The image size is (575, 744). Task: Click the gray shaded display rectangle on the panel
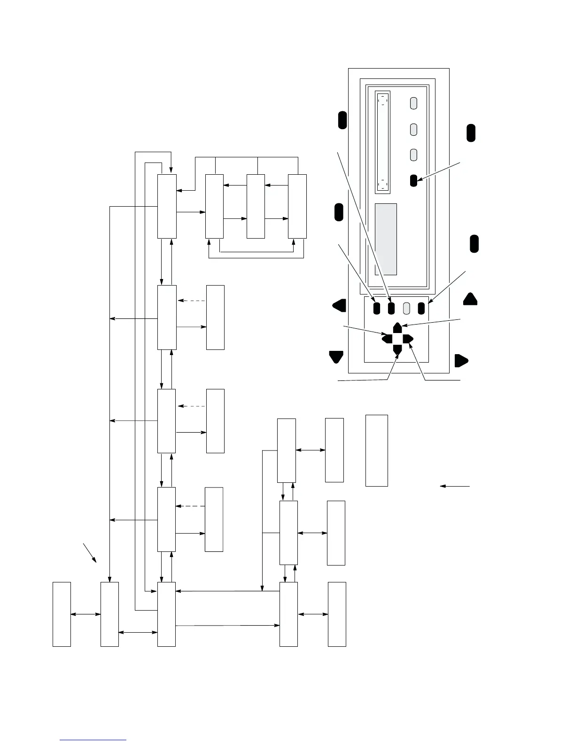pyautogui.click(x=386, y=239)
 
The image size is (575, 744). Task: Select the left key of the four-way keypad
pyautogui.click(x=387, y=338)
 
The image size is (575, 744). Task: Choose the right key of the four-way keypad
pyautogui.click(x=408, y=338)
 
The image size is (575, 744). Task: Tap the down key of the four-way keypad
pyautogui.click(x=397, y=349)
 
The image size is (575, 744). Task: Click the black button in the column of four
pyautogui.click(x=413, y=180)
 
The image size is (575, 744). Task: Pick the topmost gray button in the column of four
pyautogui.click(x=413, y=103)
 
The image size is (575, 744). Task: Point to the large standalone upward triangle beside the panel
pyautogui.click(x=470, y=299)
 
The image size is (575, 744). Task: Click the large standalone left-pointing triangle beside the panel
pyautogui.click(x=339, y=305)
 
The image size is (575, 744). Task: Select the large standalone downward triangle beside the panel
pyautogui.click(x=336, y=356)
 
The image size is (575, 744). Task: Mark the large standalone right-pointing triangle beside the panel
pyautogui.click(x=461, y=361)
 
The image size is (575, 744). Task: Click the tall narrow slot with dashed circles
pyautogui.click(x=383, y=142)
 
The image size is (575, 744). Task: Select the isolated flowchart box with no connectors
pyautogui.click(x=377, y=450)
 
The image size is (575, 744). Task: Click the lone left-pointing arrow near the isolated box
pyautogui.click(x=455, y=486)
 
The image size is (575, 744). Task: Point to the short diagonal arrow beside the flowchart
pyautogui.click(x=90, y=553)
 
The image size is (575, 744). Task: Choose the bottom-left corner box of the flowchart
pyautogui.click(x=62, y=614)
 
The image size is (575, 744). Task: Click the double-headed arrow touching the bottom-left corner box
pyautogui.click(x=85, y=614)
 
